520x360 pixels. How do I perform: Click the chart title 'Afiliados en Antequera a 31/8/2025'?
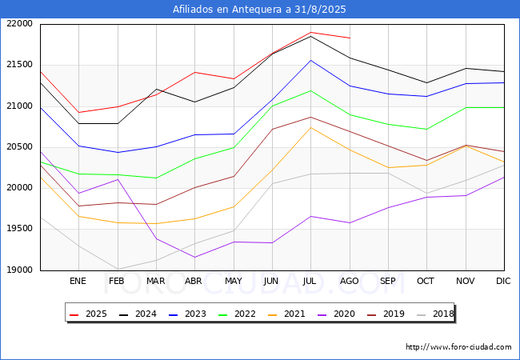260,10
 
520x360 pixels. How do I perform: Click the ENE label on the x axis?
78,281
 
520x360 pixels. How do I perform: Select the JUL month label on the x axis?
310,281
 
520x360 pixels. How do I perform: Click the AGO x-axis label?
350,281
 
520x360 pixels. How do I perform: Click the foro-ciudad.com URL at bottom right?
458,347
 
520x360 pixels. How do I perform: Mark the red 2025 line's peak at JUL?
310,33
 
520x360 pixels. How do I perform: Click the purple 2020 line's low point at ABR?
194,257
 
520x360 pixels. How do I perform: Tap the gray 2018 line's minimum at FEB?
118,270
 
